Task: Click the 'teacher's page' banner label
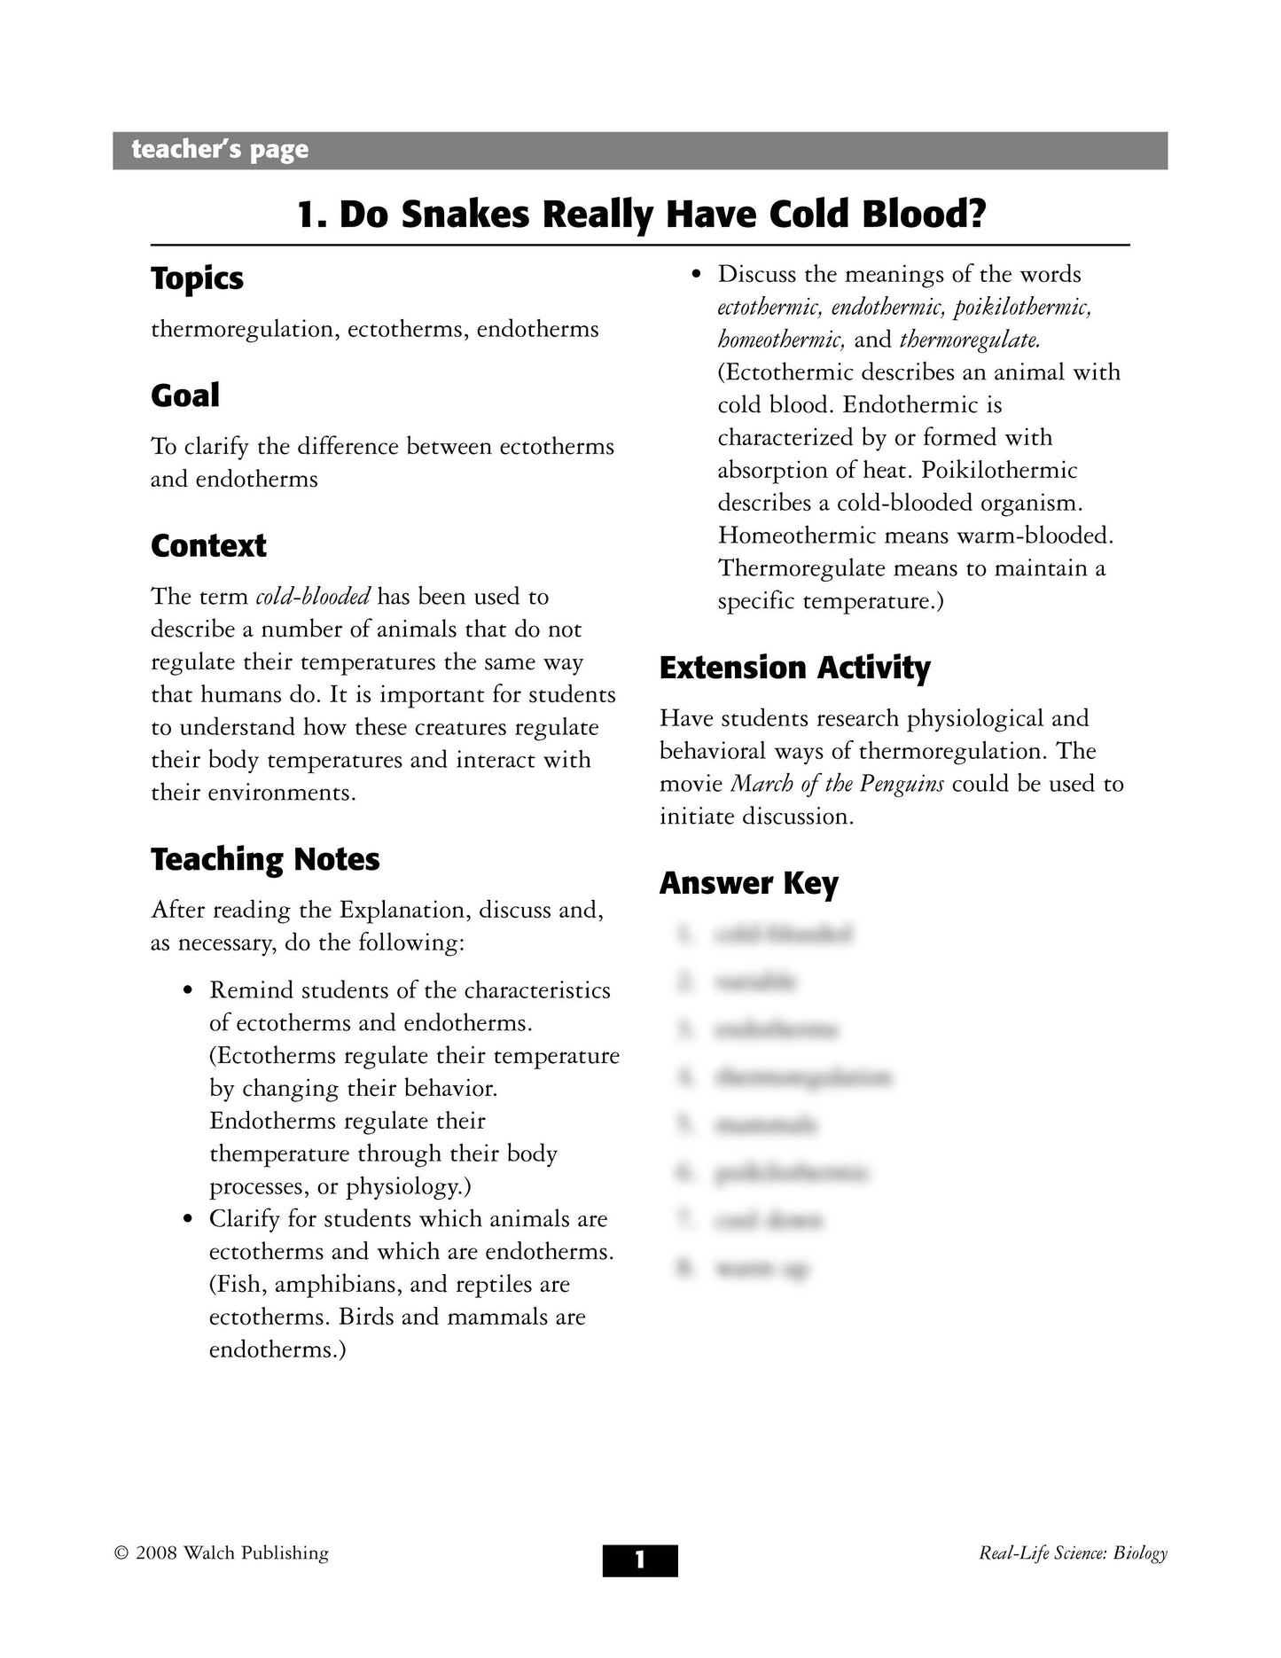point(220,150)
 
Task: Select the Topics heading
point(197,278)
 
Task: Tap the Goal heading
point(184,395)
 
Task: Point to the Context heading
point(208,546)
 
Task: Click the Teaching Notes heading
point(265,859)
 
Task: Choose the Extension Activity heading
point(794,668)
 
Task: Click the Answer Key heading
point(748,883)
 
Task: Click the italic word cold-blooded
point(312,597)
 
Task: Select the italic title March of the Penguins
point(836,785)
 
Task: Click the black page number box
point(640,1560)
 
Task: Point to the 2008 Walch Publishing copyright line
point(222,1553)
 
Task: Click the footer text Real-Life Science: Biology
point(1073,1553)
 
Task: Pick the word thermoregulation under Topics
point(242,330)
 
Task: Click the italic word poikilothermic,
point(1022,308)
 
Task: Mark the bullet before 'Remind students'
point(187,991)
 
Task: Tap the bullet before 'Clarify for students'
point(187,1220)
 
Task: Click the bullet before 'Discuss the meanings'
point(696,275)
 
